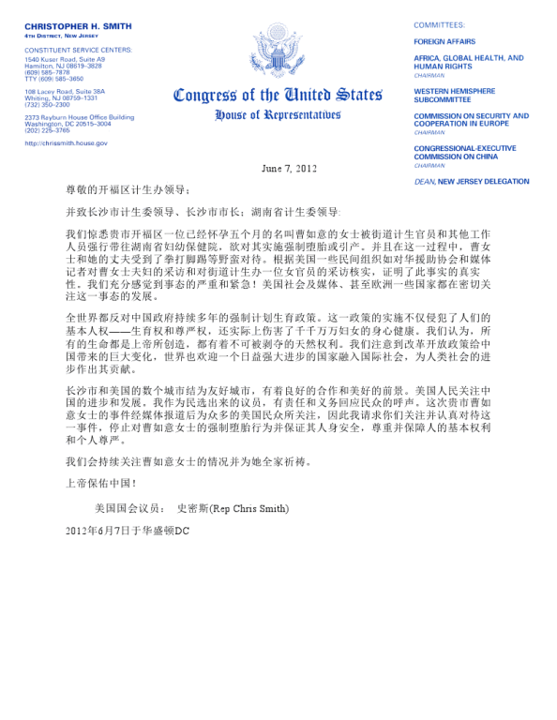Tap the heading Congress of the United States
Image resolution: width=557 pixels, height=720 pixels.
coord(277,96)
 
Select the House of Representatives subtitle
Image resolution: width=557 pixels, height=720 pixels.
coord(278,114)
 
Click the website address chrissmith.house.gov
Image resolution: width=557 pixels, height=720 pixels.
coord(67,143)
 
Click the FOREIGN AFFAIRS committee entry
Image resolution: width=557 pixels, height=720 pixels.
coord(444,41)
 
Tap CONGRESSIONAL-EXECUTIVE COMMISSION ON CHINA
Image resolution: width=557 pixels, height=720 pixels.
coord(466,152)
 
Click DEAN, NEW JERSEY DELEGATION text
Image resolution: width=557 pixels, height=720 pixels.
coord(471,181)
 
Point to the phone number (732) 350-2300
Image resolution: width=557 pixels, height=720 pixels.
coord(47,104)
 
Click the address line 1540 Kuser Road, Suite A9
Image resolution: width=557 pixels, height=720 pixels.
coord(65,59)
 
